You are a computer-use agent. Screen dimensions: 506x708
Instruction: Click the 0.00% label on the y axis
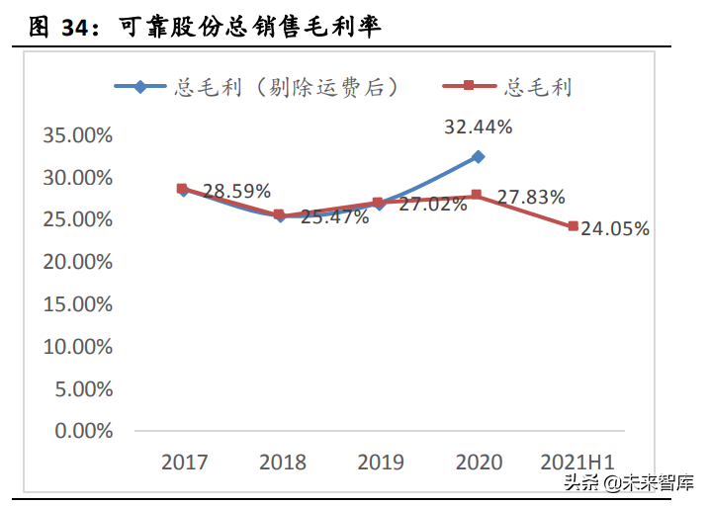pos(83,431)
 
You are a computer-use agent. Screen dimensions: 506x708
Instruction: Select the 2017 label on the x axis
pos(184,463)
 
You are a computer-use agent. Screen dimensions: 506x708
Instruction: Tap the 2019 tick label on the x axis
pos(380,463)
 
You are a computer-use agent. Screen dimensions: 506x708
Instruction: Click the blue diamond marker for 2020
pos(478,156)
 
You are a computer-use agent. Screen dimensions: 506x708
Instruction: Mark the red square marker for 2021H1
pos(574,226)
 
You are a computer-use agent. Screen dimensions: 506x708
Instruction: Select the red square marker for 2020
pos(477,195)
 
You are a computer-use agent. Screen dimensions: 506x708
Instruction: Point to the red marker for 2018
pos(280,214)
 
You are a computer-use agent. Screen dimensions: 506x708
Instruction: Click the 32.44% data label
pos(478,126)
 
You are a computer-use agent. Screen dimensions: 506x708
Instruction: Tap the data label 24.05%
pos(615,229)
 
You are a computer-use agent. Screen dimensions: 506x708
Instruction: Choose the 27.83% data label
pos(531,198)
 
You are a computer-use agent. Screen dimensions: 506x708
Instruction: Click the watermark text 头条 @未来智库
pos(628,482)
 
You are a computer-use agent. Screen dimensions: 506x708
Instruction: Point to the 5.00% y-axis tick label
pos(83,388)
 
